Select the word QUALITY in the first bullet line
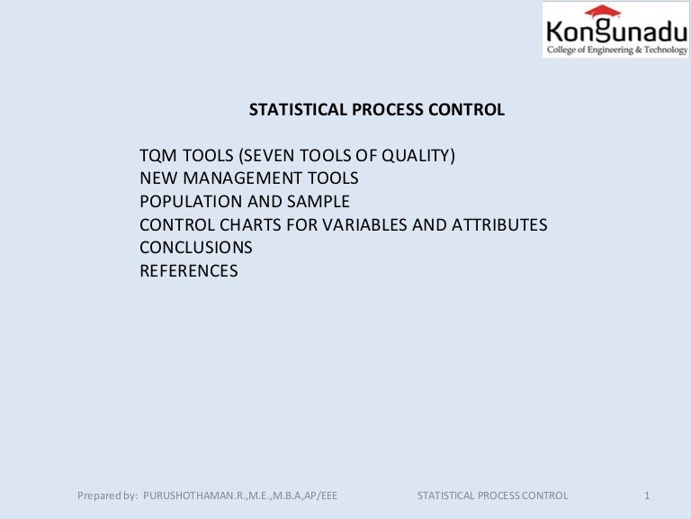point(418,155)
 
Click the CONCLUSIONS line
point(196,248)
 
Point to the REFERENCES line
point(189,271)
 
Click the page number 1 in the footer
point(647,496)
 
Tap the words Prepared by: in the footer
point(107,496)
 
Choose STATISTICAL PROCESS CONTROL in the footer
point(493,496)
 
